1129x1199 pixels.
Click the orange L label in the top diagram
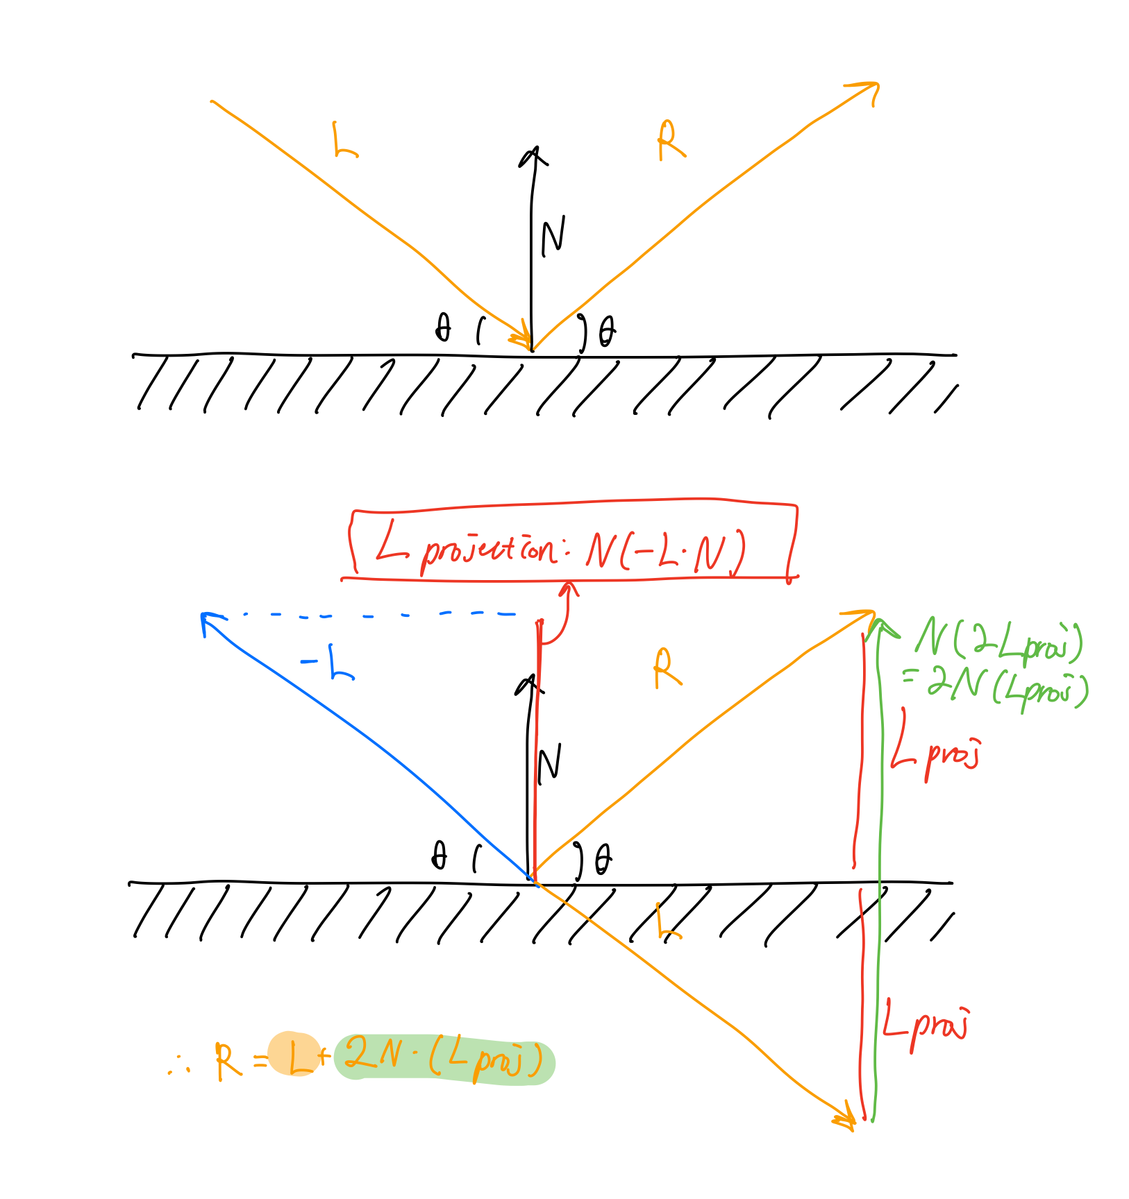[x=344, y=141]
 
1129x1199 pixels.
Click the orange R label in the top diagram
[x=670, y=141]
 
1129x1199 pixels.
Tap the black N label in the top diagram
[x=553, y=237]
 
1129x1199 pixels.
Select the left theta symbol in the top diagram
[x=442, y=328]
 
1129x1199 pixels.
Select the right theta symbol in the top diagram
[x=606, y=332]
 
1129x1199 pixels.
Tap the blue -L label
[x=328, y=664]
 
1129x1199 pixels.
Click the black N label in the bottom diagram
[x=549, y=763]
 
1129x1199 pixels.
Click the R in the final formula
[x=228, y=1062]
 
